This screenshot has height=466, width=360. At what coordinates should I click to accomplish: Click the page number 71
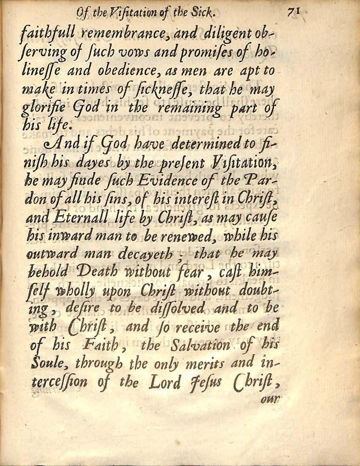click(293, 14)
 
